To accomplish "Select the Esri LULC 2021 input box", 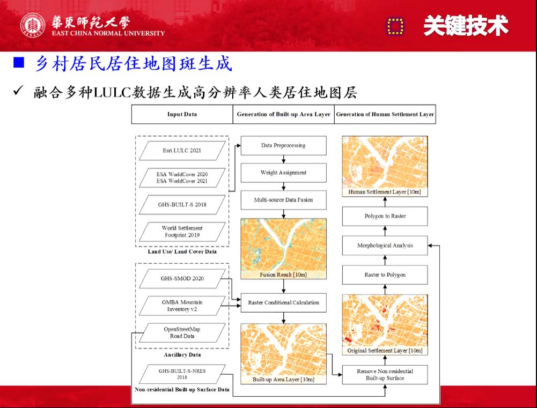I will click(x=182, y=151).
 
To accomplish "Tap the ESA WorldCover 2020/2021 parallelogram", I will click(x=182, y=178).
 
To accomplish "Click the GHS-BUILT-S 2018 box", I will click(x=182, y=205).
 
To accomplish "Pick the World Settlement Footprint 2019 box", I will click(x=182, y=232).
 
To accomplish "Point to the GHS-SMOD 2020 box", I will click(x=182, y=278).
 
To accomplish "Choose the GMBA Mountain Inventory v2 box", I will click(x=182, y=306).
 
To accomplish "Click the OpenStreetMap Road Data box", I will click(x=182, y=332).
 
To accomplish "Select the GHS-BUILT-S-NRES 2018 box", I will click(x=182, y=374).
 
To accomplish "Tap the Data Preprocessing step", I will click(x=283, y=145).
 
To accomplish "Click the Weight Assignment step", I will click(x=283, y=173).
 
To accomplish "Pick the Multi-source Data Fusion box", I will click(x=283, y=200).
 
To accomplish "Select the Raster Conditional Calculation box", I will click(x=283, y=302).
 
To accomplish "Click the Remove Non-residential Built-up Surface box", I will click(x=385, y=374).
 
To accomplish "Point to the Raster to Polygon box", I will click(x=385, y=275).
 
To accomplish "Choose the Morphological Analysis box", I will click(x=385, y=246).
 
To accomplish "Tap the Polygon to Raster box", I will click(x=385, y=216).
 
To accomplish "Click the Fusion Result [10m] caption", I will click(x=283, y=275).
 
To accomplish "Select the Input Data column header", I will click(x=182, y=114).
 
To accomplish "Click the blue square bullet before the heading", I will click(x=19, y=64).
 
